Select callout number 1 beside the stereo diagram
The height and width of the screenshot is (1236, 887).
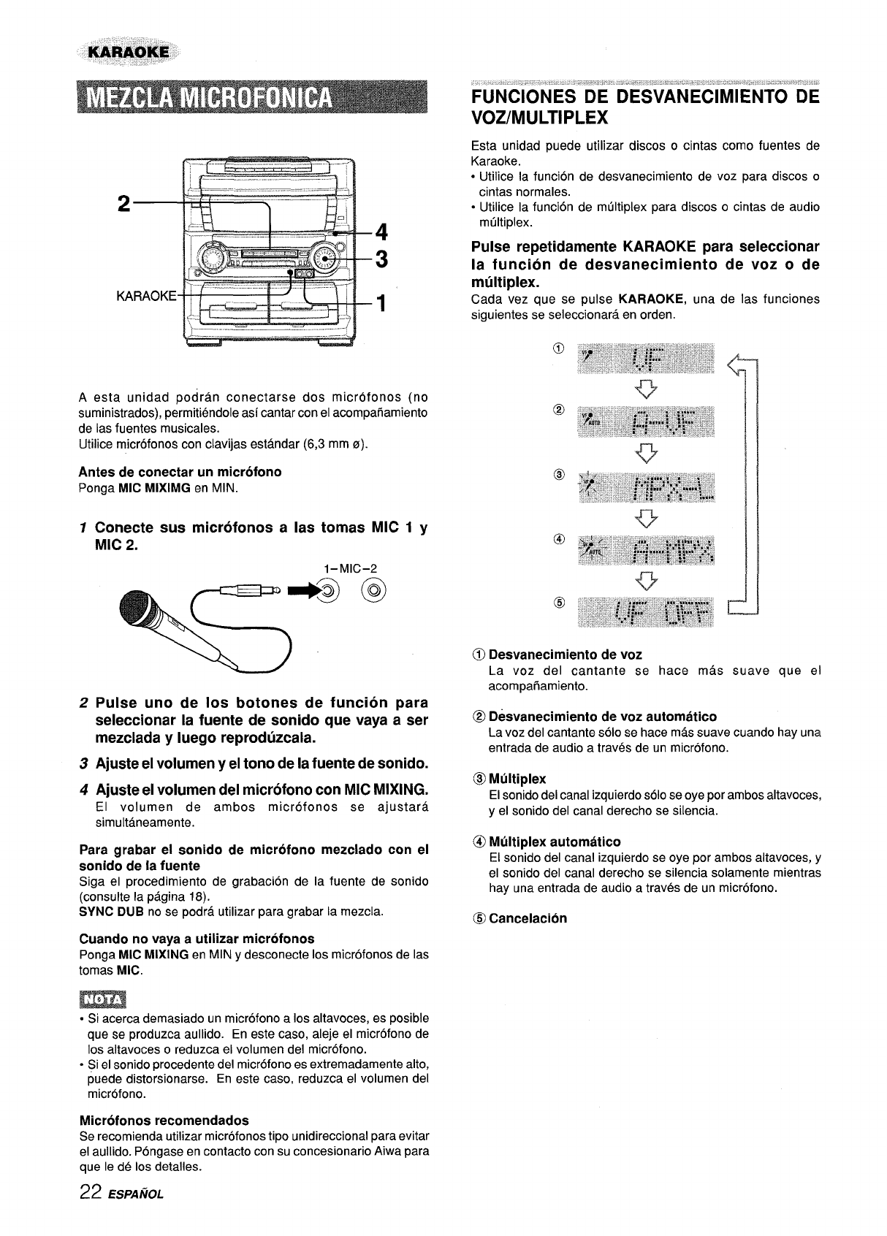point(380,302)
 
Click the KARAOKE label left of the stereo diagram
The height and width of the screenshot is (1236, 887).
point(146,296)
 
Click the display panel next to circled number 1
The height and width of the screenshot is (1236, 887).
point(646,358)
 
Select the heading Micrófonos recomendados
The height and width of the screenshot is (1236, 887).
point(164,1120)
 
